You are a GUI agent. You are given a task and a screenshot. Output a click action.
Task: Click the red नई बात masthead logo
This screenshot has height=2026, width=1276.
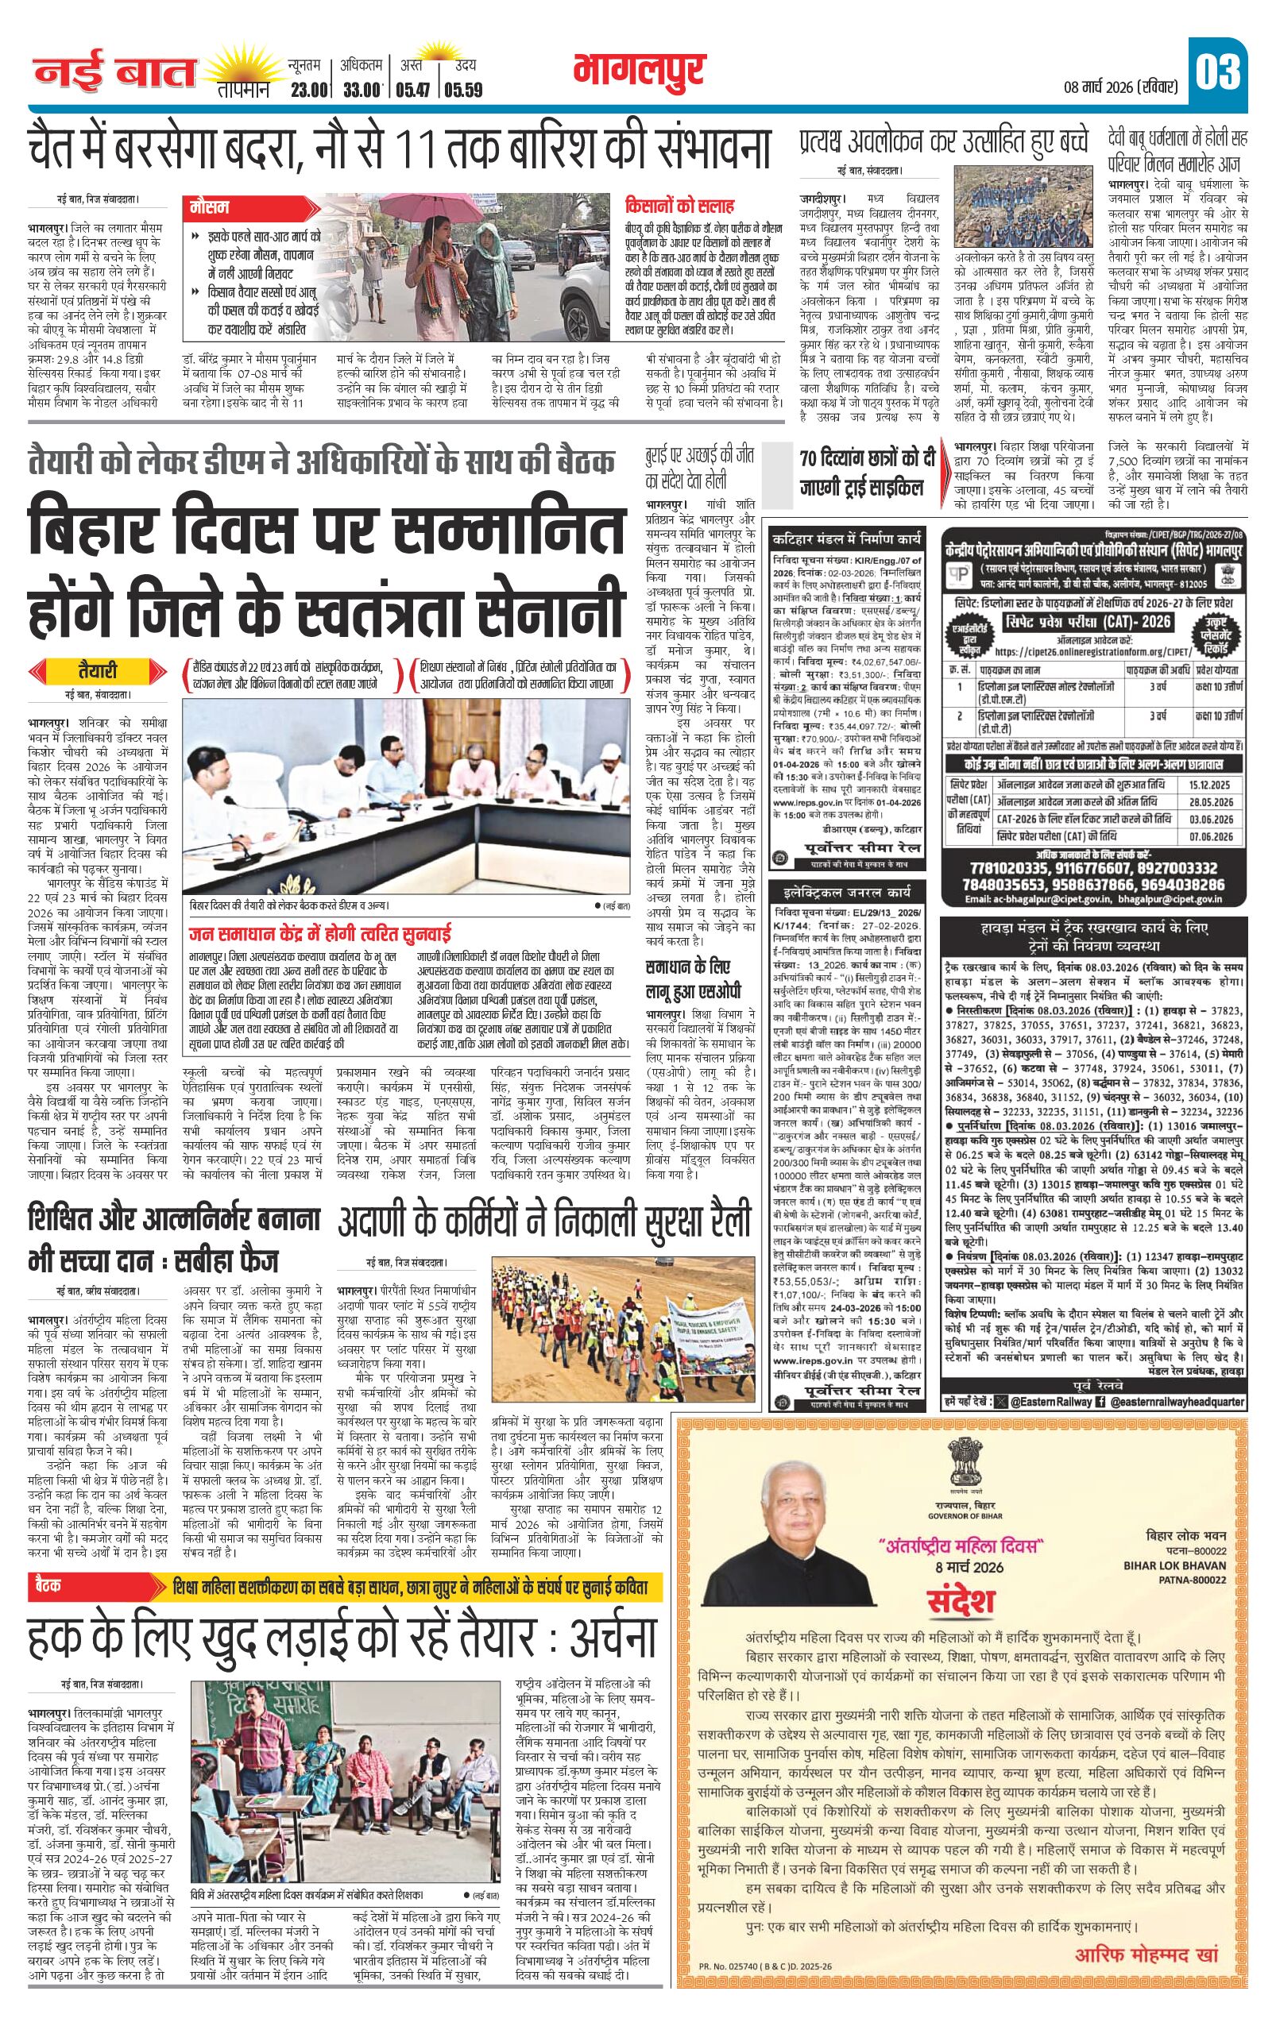[x=114, y=74]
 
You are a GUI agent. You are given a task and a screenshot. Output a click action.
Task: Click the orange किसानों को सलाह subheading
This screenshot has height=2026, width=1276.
[x=679, y=205]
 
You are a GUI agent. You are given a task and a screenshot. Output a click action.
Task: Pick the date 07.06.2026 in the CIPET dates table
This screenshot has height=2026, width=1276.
[x=1211, y=836]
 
